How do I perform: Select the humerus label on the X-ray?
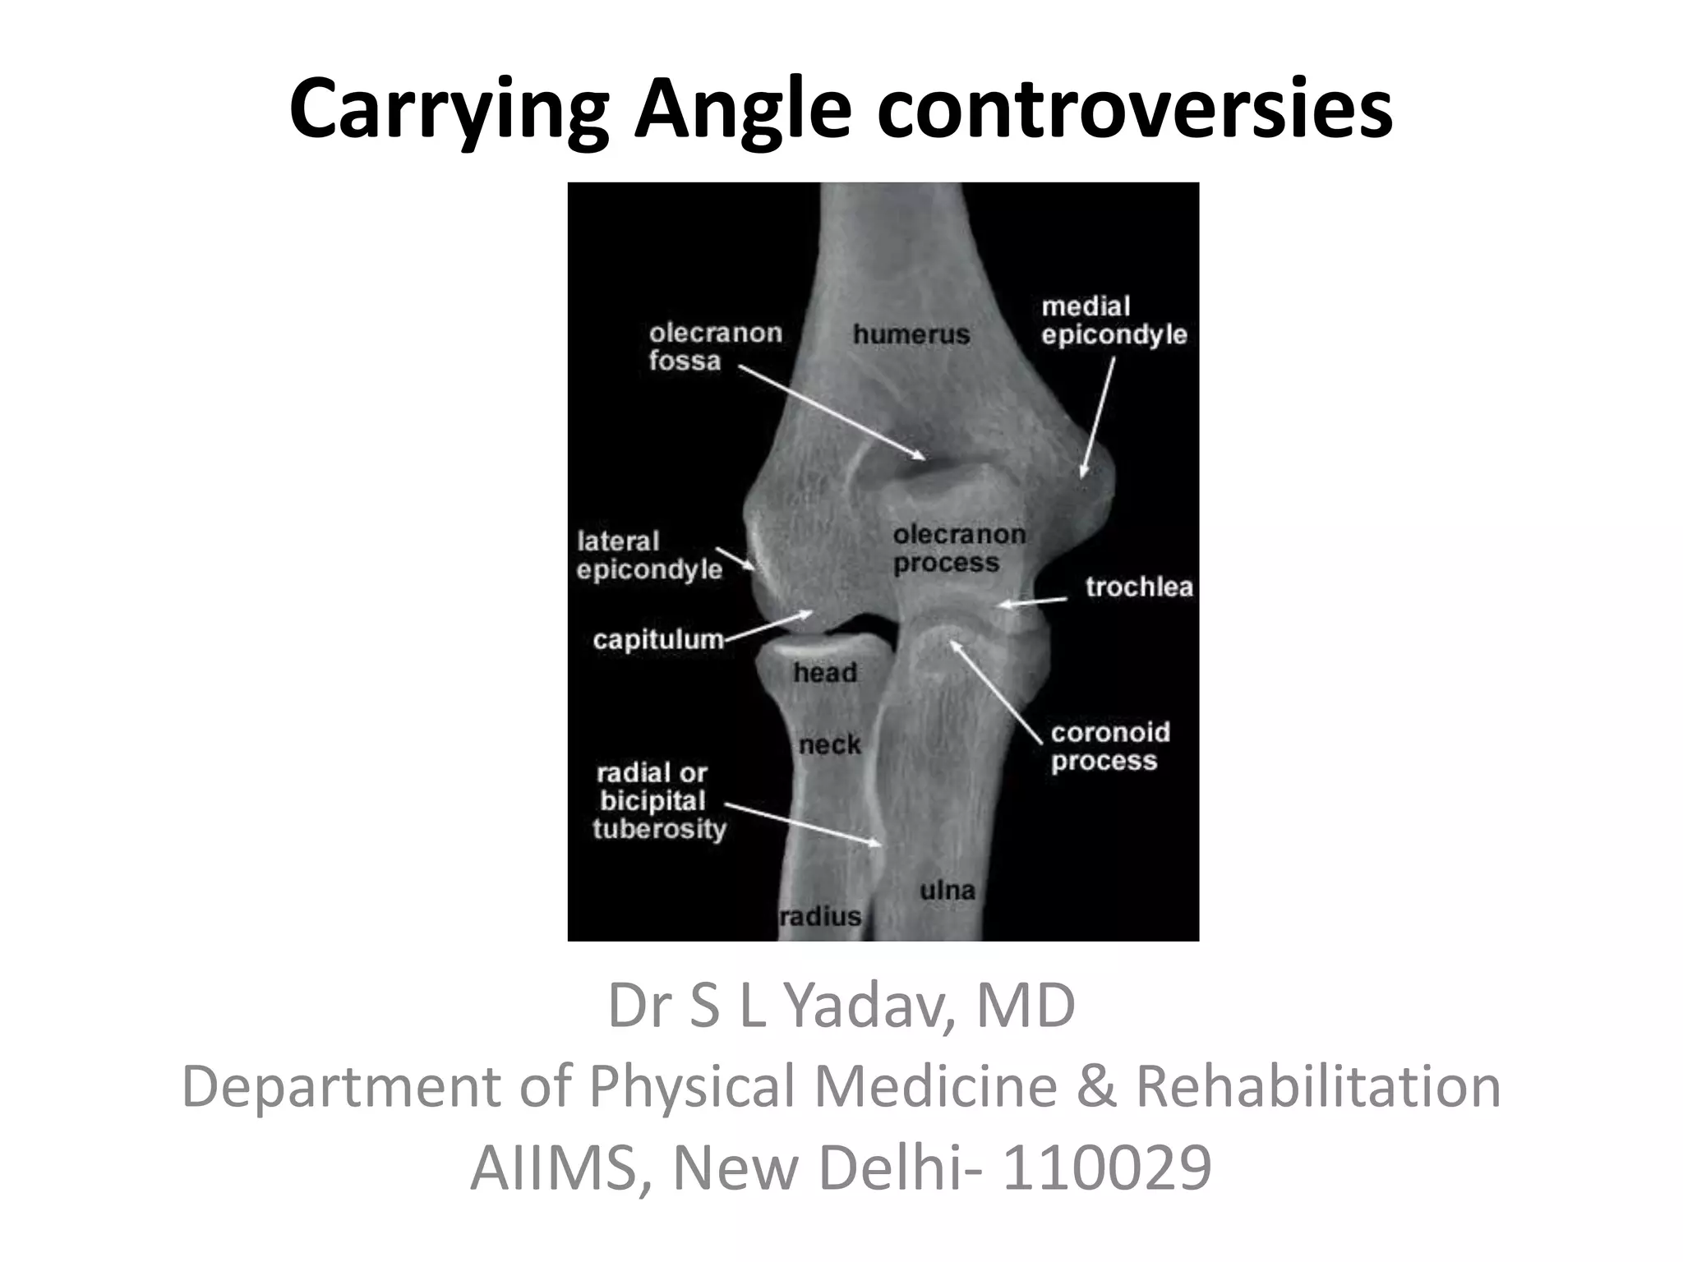tap(911, 334)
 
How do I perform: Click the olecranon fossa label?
tap(715, 347)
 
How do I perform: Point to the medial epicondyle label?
tap(1114, 320)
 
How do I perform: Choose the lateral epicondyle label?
tap(649, 555)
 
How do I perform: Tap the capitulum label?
tap(658, 639)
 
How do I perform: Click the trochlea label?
tap(1139, 587)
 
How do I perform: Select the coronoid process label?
tap(1110, 747)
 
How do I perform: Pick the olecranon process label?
tap(959, 549)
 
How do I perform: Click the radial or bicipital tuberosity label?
tap(660, 801)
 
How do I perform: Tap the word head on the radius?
tap(825, 673)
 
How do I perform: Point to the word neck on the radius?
tap(830, 745)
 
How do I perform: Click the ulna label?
tap(948, 890)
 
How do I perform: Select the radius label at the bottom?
tap(820, 916)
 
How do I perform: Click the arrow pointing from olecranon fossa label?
tap(830, 412)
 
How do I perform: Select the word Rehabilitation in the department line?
tap(1318, 1086)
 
